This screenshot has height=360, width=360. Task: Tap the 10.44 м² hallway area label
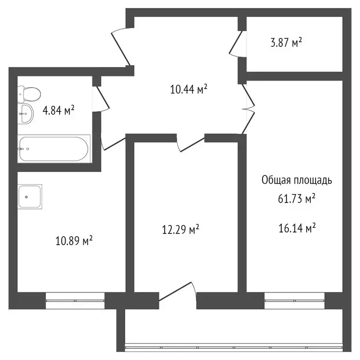pos(189,89)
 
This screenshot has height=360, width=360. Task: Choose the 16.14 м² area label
pos(296,229)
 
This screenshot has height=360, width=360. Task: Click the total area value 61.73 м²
pos(296,199)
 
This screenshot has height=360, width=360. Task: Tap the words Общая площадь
pos(296,180)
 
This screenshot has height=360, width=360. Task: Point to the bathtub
pos(53,149)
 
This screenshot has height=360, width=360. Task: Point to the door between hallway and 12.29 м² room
pos(190,142)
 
